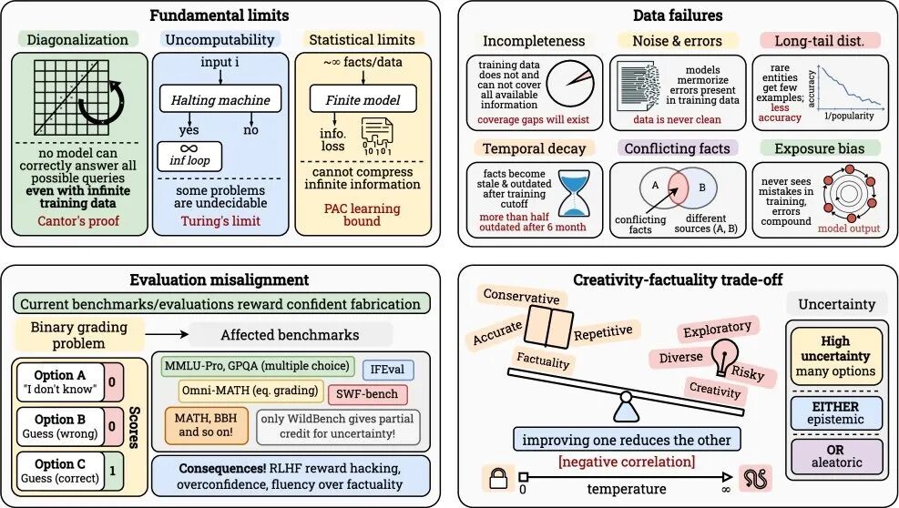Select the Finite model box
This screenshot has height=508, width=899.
(363, 97)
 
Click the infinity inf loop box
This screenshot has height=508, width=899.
(191, 155)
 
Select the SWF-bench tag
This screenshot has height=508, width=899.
(368, 395)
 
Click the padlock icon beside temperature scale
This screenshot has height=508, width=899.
(497, 476)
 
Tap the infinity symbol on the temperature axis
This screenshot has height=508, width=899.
(725, 490)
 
